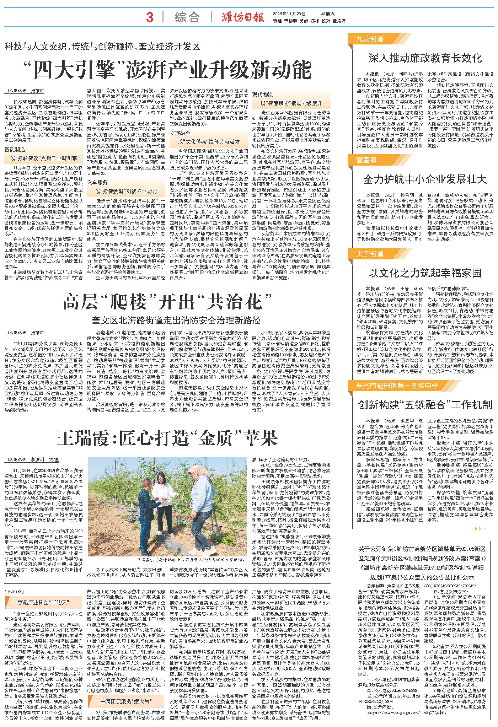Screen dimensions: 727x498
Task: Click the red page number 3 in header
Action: [150, 17]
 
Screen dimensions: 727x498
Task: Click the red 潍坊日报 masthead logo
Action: [243, 17]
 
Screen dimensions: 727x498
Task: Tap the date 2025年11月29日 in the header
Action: [289, 14]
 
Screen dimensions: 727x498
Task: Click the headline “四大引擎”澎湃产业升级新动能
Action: [167, 69]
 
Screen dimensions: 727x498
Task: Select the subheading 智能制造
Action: [15, 150]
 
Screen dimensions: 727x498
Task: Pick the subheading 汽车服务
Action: [97, 182]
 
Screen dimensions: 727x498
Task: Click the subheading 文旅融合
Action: [180, 133]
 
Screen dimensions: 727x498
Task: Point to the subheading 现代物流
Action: [263, 94]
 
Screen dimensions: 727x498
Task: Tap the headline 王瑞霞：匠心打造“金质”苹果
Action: [167, 438]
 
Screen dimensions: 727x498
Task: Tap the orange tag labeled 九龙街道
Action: [370, 39]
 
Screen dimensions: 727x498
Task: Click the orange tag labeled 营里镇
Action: [366, 160]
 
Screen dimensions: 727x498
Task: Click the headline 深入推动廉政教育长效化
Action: [425, 58]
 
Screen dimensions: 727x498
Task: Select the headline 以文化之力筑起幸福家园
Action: [425, 273]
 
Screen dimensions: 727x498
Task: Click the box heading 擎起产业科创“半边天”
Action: [43, 602]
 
